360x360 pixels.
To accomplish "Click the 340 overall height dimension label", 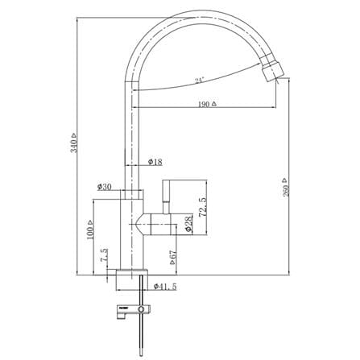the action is [x=74, y=146].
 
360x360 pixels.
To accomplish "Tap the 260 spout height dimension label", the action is [x=286, y=190].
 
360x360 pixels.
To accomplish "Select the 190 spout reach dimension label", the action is [x=204, y=104].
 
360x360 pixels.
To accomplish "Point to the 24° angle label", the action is [x=199, y=81].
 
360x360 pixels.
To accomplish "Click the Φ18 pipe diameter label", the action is [x=155, y=162].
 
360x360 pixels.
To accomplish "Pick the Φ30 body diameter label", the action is [x=104, y=187].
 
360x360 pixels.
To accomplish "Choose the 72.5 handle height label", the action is [x=203, y=207].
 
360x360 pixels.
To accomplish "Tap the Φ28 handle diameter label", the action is [x=188, y=225].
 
